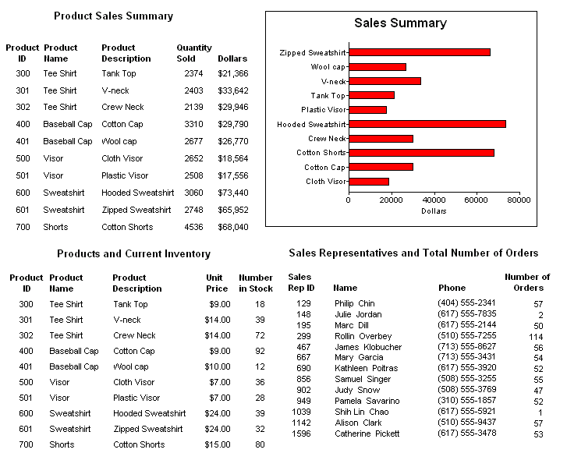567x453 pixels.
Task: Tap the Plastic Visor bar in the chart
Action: click(367, 110)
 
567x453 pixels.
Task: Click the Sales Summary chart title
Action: click(400, 23)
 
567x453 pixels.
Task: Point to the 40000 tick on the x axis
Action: click(434, 200)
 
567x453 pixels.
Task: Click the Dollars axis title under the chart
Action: click(434, 211)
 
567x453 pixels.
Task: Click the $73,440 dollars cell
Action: click(233, 193)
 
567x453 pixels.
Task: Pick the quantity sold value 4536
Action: click(193, 227)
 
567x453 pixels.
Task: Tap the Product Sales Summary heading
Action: click(114, 16)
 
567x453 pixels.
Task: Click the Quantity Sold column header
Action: click(193, 53)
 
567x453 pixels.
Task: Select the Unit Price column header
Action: click(217, 283)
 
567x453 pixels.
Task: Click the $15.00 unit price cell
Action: click(217, 444)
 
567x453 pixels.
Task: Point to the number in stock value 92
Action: click(260, 351)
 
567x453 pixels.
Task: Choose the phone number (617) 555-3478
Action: click(466, 434)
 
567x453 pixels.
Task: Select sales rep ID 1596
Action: click(302, 434)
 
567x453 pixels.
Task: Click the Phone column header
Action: click(452, 288)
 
